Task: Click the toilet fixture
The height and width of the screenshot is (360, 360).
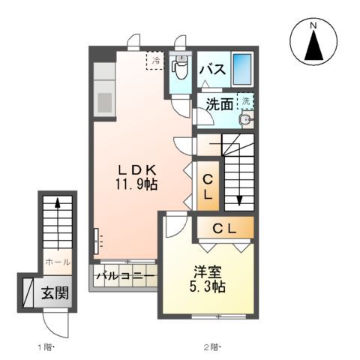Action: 180,72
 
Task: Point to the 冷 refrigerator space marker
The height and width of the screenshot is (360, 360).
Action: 155,60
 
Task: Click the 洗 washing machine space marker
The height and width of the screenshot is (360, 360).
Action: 246,100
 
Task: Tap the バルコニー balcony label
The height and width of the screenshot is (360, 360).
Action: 125,277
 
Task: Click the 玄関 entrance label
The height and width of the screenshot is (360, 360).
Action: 55,292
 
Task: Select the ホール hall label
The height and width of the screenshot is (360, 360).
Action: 58,262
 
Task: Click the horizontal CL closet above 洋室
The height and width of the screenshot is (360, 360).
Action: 225,227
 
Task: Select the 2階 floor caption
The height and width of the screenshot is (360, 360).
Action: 213,347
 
